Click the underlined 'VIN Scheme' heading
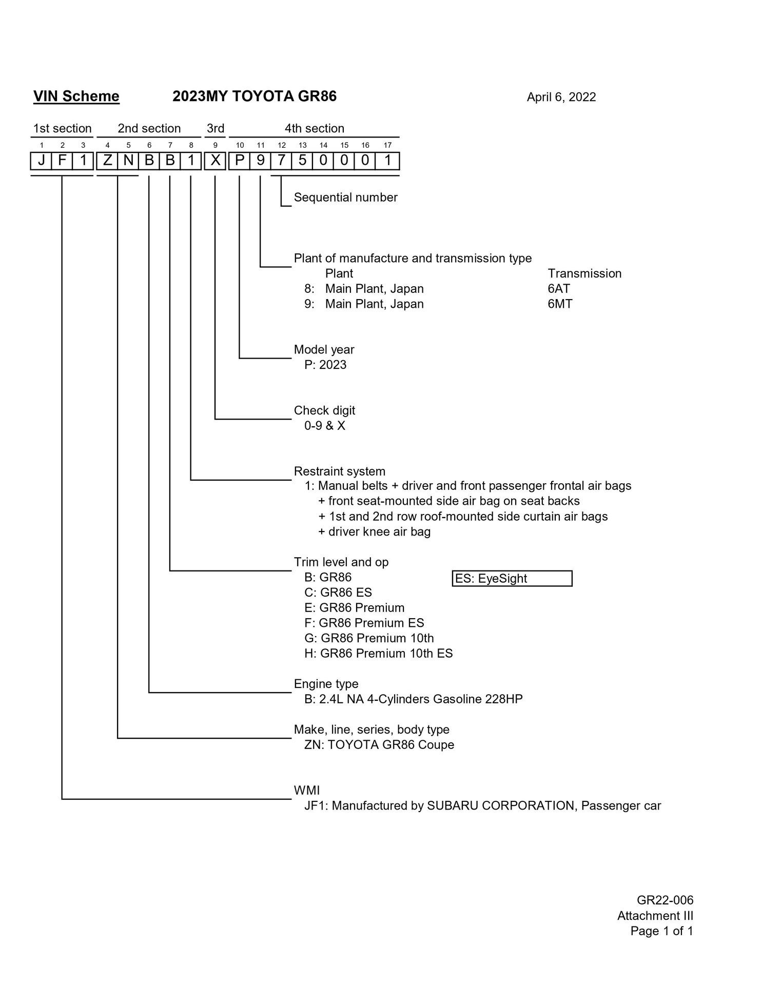click(76, 96)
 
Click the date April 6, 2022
click(561, 97)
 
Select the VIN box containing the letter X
click(216, 161)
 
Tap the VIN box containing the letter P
click(240, 161)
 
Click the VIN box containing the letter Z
click(107, 161)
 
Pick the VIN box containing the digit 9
click(261, 161)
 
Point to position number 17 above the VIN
click(387, 145)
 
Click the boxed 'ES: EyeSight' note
click(512, 578)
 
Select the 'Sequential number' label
click(345, 198)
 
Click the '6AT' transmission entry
click(559, 288)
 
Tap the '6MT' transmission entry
click(560, 304)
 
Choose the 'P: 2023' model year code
click(325, 365)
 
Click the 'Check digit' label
click(324, 410)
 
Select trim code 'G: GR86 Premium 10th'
click(369, 638)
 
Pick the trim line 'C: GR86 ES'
click(338, 593)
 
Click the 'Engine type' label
click(326, 684)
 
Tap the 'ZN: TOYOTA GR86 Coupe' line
click(379, 744)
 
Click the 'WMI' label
click(307, 791)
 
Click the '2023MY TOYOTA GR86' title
click(255, 96)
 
